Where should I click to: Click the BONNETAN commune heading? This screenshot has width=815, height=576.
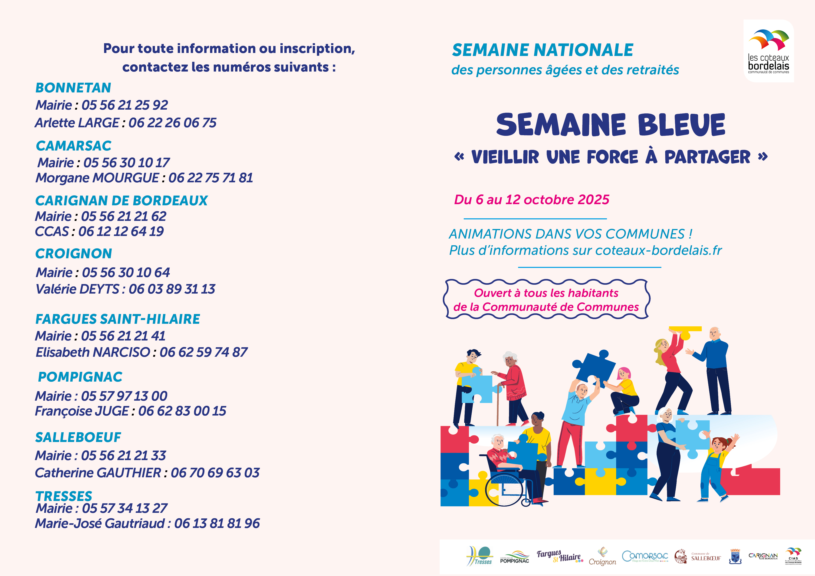click(73, 88)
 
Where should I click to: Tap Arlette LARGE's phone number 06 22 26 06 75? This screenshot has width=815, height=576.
click(173, 123)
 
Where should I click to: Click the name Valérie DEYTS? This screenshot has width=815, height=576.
click(77, 289)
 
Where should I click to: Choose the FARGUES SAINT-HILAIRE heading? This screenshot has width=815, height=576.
click(118, 319)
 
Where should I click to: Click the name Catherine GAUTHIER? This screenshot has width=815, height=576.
click(98, 473)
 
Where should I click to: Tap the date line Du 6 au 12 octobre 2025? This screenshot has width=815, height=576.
click(531, 200)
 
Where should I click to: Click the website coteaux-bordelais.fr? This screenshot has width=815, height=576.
click(658, 251)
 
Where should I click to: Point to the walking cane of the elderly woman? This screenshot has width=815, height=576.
click(498, 405)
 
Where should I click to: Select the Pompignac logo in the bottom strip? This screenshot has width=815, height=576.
click(514, 557)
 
